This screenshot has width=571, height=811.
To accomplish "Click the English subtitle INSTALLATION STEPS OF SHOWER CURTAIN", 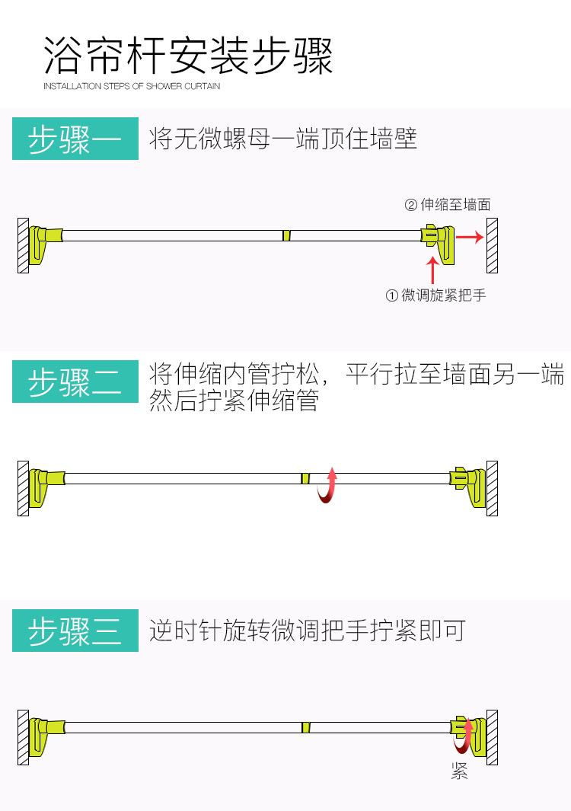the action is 132,86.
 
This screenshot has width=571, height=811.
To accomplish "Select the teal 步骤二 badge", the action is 75,382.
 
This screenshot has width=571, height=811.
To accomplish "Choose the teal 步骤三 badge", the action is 75,631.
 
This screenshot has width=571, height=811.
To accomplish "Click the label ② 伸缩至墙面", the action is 447,204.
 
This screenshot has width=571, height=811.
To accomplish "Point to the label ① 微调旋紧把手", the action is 435,295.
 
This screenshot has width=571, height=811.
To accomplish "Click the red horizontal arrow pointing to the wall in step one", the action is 470,237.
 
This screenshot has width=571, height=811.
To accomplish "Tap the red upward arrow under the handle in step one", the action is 432,270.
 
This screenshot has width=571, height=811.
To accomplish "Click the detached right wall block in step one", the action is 493,246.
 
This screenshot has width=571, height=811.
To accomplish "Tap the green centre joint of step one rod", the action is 286,235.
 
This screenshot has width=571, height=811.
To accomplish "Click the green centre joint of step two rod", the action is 305,478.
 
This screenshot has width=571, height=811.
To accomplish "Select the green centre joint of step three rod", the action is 305,727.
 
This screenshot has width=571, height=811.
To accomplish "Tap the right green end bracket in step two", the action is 468,486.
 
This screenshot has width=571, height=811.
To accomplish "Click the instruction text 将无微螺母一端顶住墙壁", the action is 283,139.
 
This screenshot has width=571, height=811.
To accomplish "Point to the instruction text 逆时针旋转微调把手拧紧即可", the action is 307,631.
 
